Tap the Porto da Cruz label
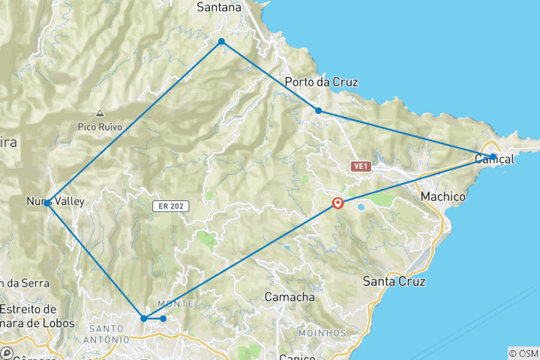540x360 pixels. coord(322,82)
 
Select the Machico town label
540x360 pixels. coord(443,196)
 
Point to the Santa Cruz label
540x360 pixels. coord(394,282)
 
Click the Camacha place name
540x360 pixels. coord(289,297)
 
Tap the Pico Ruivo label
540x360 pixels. coord(100,127)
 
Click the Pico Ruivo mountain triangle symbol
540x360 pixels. coord(100,114)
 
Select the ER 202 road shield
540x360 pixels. coord(174,206)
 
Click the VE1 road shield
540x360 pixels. coord(360,166)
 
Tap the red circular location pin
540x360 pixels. coord(337,202)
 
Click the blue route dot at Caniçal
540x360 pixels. coord(493,157)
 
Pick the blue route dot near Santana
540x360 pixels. coord(221,41)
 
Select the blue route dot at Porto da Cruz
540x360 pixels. coord(318,111)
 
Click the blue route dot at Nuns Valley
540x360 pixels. coord(47,203)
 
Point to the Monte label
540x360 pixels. coord(178,304)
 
